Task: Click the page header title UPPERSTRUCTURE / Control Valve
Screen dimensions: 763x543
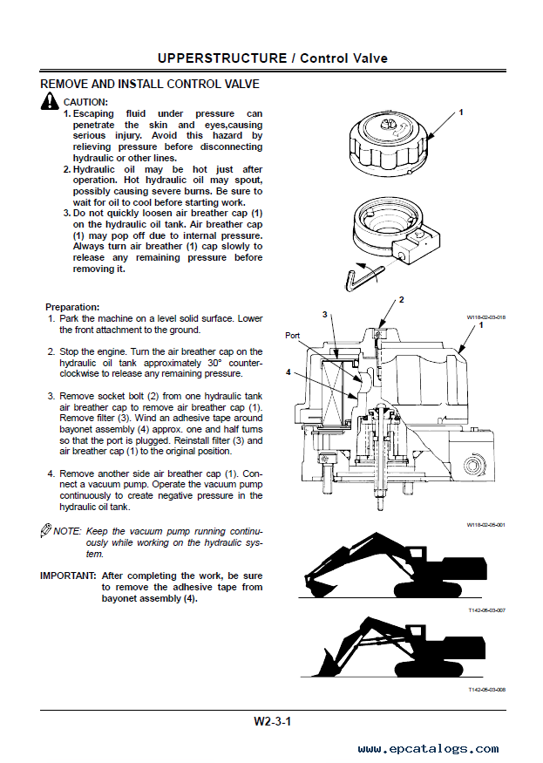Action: pyautogui.click(x=273, y=58)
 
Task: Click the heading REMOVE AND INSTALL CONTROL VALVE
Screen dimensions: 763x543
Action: pyautogui.click(x=150, y=85)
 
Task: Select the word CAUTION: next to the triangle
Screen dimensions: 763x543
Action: pyautogui.click(x=85, y=102)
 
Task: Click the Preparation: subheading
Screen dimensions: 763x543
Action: pyautogui.click(x=72, y=307)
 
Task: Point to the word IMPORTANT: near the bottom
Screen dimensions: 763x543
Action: pyautogui.click(x=68, y=576)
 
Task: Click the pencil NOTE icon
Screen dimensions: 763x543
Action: pyautogui.click(x=46, y=530)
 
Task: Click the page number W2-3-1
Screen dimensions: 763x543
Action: pyautogui.click(x=272, y=721)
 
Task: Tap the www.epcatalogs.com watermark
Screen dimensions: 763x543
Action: pyautogui.click(x=428, y=748)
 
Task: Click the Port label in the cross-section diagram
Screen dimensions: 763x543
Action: pyautogui.click(x=293, y=335)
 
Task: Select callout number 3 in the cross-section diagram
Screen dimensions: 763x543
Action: pyautogui.click(x=323, y=314)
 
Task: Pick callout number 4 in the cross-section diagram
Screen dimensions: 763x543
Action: pyautogui.click(x=288, y=372)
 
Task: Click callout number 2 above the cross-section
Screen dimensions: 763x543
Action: pyautogui.click(x=401, y=299)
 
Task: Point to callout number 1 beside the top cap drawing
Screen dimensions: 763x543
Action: pyautogui.click(x=460, y=112)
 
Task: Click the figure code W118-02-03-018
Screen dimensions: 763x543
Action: pyautogui.click(x=486, y=317)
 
